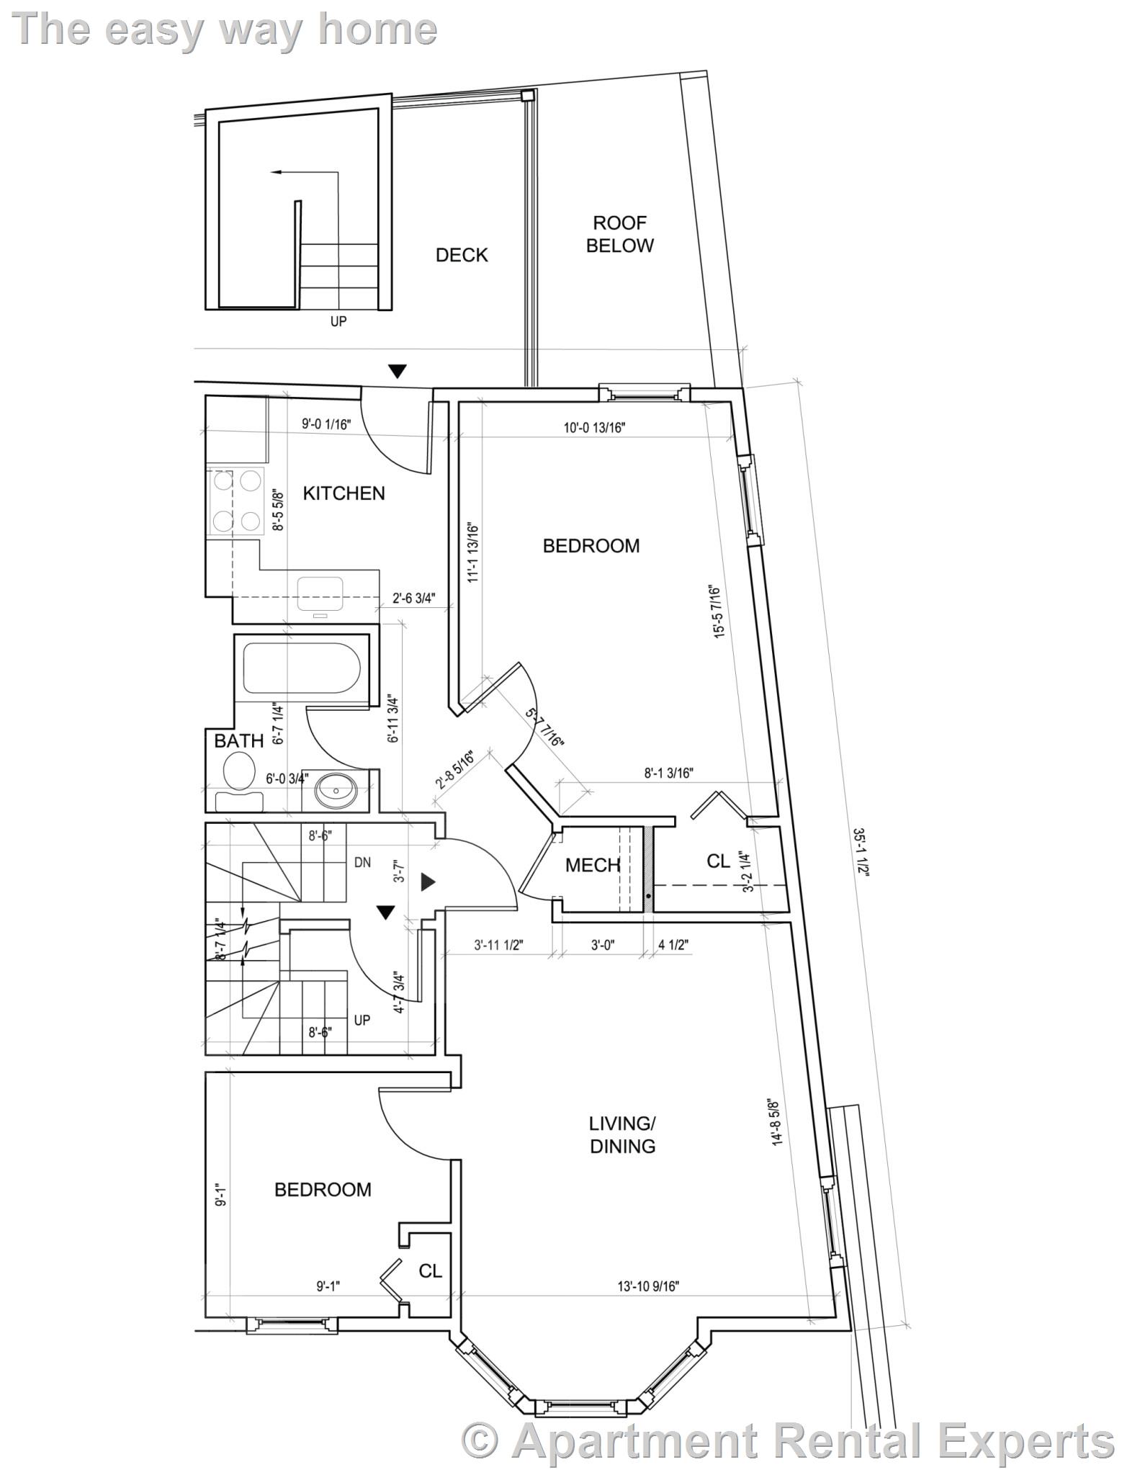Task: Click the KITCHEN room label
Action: pyautogui.click(x=344, y=493)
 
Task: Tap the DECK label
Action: pyautogui.click(x=462, y=255)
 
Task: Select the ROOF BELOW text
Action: pyautogui.click(x=619, y=234)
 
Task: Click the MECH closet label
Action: pyautogui.click(x=592, y=865)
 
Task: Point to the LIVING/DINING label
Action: pyautogui.click(x=622, y=1134)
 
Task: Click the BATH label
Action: pyautogui.click(x=238, y=740)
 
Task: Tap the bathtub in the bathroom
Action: pyautogui.click(x=301, y=669)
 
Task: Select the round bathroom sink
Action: pyautogui.click(x=336, y=790)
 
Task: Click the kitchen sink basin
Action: pyautogui.click(x=321, y=591)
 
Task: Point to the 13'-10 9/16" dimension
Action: pyautogui.click(x=648, y=1286)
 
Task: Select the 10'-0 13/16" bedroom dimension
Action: pyautogui.click(x=594, y=428)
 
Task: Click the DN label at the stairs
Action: pyautogui.click(x=362, y=862)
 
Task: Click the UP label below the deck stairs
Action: pyautogui.click(x=338, y=322)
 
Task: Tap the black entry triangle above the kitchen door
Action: pyautogui.click(x=398, y=372)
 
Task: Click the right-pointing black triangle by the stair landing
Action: pyautogui.click(x=428, y=882)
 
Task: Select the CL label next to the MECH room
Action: pyautogui.click(x=718, y=861)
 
